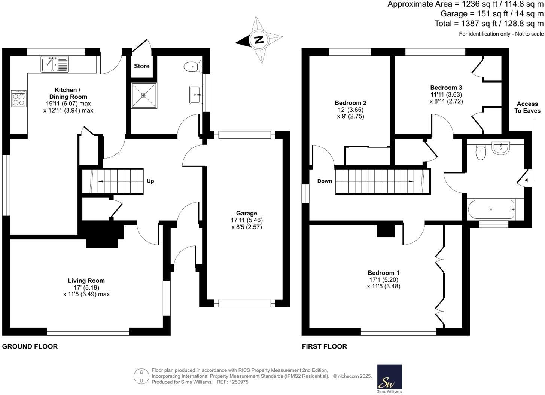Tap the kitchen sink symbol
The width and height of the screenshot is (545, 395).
pos(55,64)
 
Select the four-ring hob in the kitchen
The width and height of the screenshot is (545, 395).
pos(19,98)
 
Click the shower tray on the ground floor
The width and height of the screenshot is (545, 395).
pos(144,95)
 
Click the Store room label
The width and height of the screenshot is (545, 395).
pos(141,66)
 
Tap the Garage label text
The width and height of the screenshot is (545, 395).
pos(246,213)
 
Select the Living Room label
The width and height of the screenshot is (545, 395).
pos(86,281)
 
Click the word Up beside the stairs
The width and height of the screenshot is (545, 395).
pos(150,181)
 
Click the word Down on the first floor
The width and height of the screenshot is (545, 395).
pos(325,181)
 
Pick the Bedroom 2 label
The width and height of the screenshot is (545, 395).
pos(350,103)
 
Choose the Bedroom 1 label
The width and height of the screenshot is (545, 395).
pos(383,273)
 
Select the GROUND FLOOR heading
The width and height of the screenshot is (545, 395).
pos(30,346)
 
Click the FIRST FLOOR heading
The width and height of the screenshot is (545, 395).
pos(324,346)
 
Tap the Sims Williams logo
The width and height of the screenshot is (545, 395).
pos(389,379)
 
